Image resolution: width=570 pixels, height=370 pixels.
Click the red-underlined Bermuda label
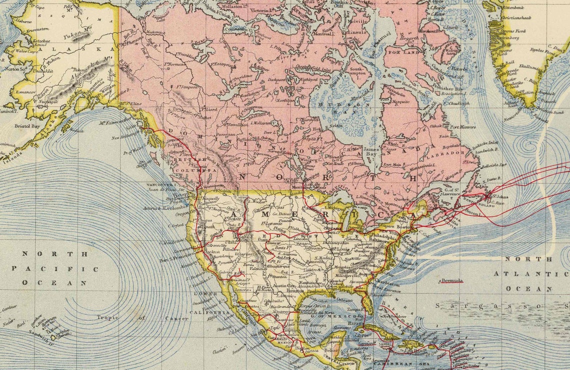pos(451,281)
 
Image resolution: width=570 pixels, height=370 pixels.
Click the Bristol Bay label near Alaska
pos(27,127)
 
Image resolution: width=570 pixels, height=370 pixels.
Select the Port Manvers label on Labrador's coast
pos(462,127)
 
